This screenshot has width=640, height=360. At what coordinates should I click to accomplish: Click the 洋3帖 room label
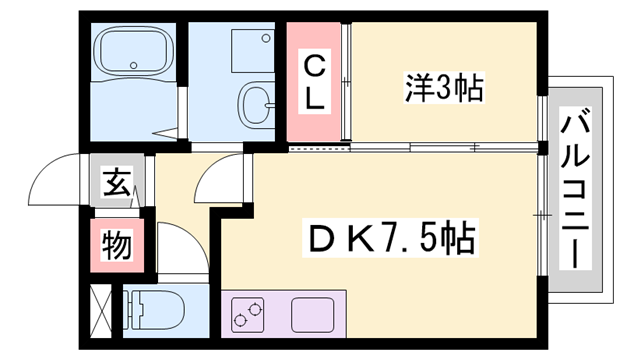tap(445, 90)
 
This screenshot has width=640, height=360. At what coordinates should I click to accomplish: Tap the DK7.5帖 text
tap(389, 239)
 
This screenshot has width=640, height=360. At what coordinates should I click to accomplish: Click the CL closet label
tap(313, 84)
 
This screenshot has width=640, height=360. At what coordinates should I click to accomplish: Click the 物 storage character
tap(116, 243)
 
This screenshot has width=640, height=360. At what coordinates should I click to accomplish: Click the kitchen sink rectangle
tap(313, 314)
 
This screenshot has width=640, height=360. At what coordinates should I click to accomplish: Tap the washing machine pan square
tap(251, 49)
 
